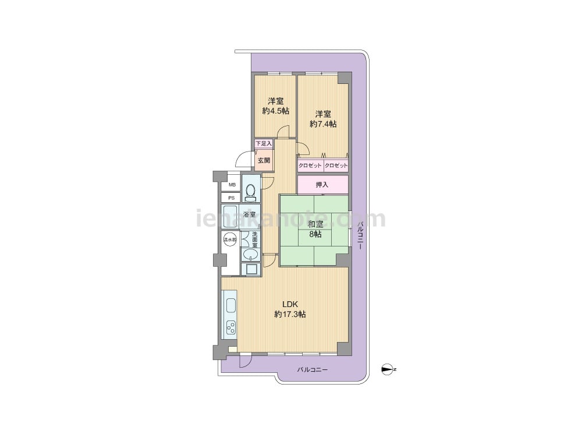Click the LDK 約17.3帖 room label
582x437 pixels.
point(290,309)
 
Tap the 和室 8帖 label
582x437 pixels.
point(315,229)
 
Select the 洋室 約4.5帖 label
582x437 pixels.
point(275,105)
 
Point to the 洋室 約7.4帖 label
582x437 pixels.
point(323,119)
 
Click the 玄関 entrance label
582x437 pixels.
point(264,161)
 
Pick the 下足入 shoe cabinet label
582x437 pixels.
point(264,143)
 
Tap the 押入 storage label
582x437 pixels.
point(322,184)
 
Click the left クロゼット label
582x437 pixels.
point(310,165)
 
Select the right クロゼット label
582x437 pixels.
point(336,165)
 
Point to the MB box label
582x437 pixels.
point(232,185)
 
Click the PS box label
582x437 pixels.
point(232,198)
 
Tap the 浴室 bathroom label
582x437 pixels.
point(249,214)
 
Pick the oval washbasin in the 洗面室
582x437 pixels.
point(251,255)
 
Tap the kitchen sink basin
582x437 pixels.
point(230,305)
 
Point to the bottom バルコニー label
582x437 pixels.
point(312,370)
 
